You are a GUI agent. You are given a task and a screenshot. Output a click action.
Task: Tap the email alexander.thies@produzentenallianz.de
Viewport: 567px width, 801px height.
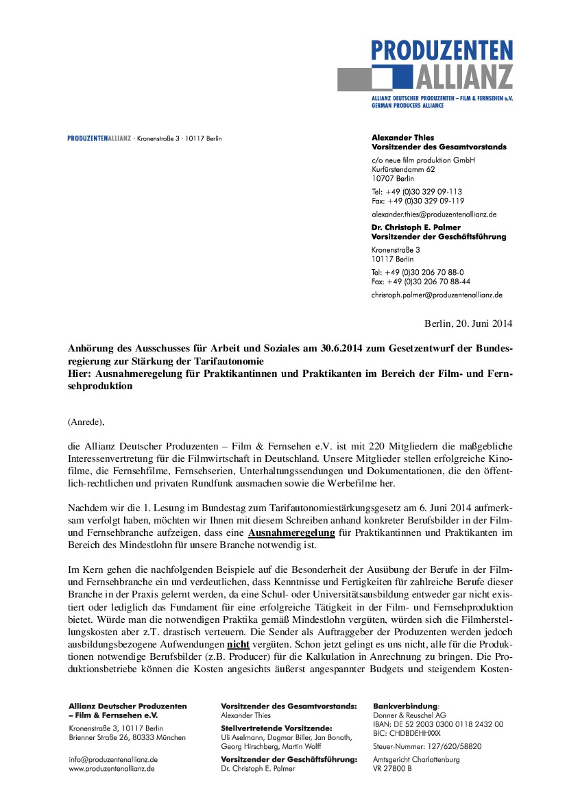[x=433, y=214]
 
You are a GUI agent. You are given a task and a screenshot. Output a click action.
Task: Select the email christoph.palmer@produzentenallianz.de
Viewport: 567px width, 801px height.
[x=437, y=295]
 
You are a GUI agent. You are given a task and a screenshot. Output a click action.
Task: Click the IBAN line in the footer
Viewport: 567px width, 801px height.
[x=438, y=724]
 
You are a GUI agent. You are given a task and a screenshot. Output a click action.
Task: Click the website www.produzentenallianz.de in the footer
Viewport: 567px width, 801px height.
[x=112, y=769]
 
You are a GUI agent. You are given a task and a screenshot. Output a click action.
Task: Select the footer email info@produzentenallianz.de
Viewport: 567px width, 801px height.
[x=114, y=760]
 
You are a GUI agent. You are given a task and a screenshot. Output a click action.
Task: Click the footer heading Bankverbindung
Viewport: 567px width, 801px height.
[x=405, y=706]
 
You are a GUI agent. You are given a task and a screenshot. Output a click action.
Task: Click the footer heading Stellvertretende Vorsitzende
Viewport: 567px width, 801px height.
[x=276, y=728]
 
